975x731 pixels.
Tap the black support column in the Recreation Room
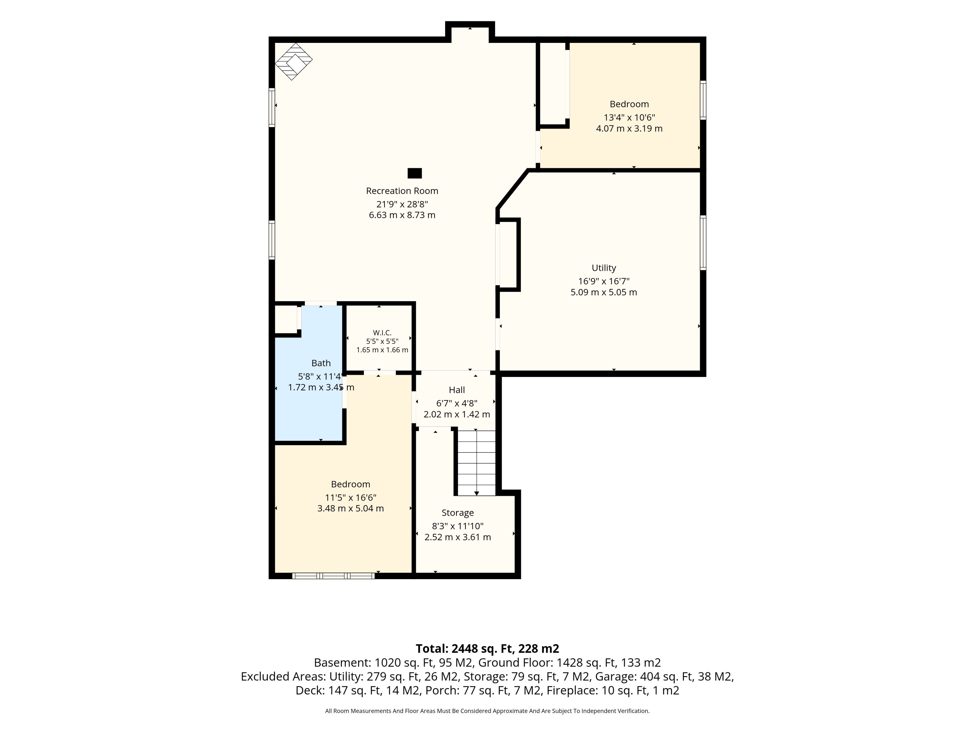[414, 173]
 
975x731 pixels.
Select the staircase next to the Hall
[477, 463]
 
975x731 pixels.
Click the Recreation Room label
[402, 191]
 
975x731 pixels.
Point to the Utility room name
[604, 268]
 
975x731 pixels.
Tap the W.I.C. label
[382, 333]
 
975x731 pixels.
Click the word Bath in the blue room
[321, 363]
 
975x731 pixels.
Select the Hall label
[457, 390]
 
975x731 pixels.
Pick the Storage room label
[458, 513]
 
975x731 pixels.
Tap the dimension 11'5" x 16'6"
[350, 497]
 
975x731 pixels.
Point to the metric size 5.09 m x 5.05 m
[604, 292]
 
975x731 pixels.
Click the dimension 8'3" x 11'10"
[458, 526]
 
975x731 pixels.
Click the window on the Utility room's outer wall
[703, 242]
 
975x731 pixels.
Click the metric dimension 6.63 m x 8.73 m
[402, 215]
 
